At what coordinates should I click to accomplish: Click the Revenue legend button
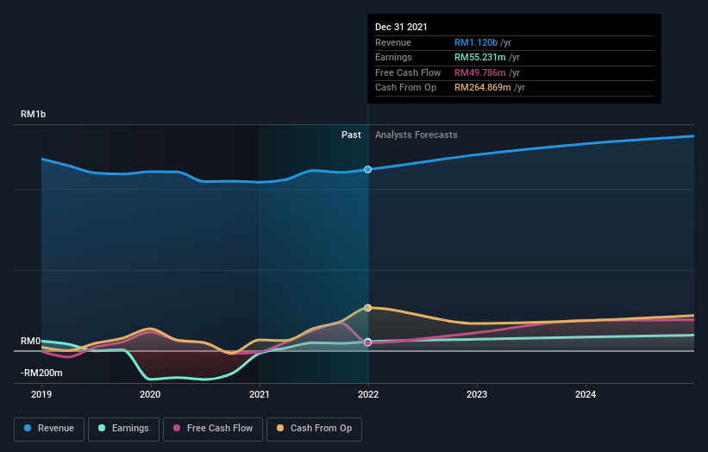49,428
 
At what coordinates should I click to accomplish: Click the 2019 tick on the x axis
41,394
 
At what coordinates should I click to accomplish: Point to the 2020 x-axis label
150,394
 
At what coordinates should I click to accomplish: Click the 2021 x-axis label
259,394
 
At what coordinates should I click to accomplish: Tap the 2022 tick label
368,394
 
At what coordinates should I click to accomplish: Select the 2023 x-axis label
477,394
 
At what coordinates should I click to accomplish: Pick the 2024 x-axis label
586,394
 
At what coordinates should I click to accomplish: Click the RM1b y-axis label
34,115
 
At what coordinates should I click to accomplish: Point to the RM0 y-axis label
31,342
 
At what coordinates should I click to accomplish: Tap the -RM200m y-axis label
41,373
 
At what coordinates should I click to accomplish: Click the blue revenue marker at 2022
368,169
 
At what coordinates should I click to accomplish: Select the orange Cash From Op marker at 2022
368,307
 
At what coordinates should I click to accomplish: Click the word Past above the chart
351,135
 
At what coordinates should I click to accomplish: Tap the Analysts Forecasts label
417,135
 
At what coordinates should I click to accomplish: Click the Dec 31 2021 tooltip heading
401,28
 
